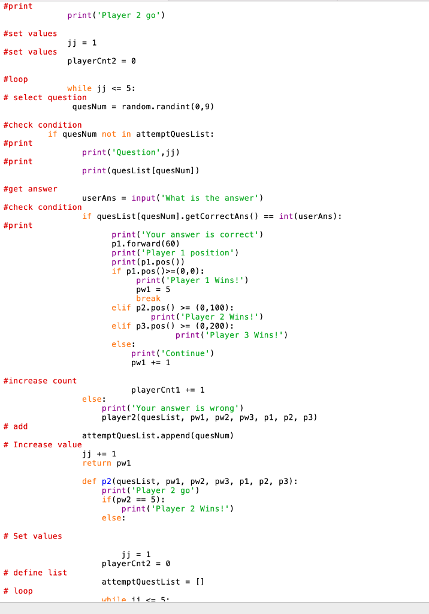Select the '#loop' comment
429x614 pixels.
[x=16, y=80]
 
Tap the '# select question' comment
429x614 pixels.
[x=45, y=98]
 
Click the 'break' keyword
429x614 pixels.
[x=149, y=299]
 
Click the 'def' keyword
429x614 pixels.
[x=89, y=481]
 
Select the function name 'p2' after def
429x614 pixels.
[x=107, y=481]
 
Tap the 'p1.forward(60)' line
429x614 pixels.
[x=146, y=243]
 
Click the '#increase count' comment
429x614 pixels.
[x=40, y=381]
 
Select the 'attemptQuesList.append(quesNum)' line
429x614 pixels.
[x=158, y=435]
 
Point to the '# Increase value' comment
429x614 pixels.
[x=43, y=445]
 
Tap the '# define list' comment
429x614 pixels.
[x=35, y=573]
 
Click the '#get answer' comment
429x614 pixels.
[x=30, y=189]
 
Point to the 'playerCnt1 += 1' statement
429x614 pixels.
[x=168, y=390]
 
